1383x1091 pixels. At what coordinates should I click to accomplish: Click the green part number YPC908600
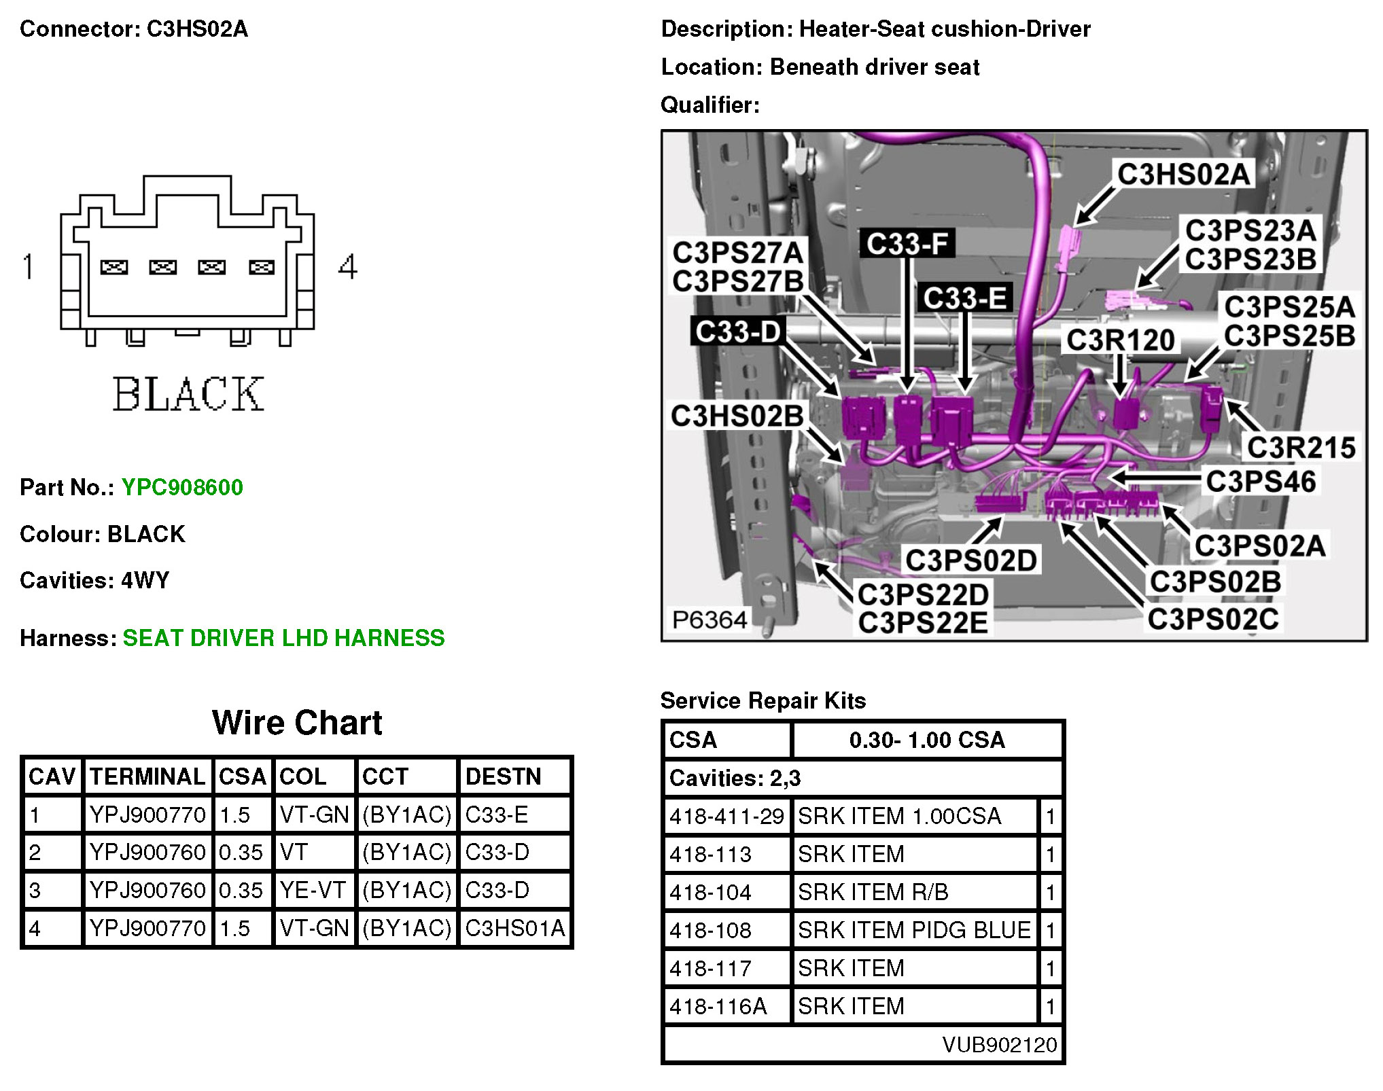[x=182, y=487]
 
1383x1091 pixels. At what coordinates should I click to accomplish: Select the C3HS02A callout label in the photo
[x=1183, y=175]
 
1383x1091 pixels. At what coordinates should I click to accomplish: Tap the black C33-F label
[x=907, y=244]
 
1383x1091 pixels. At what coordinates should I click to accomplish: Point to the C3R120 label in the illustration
[x=1120, y=340]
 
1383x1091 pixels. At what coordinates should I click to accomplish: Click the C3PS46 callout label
[x=1261, y=481]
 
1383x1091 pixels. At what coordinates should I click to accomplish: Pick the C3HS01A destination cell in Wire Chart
[x=514, y=928]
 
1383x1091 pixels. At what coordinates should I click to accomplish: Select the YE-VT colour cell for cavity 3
[x=313, y=890]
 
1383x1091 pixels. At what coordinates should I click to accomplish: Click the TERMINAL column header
[x=147, y=776]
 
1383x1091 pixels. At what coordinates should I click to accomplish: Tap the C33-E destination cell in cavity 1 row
[x=496, y=815]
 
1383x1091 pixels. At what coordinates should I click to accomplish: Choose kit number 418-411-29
[x=726, y=816]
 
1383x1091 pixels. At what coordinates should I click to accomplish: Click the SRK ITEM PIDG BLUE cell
[x=914, y=930]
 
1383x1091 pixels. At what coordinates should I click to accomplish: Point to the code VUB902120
[x=999, y=1044]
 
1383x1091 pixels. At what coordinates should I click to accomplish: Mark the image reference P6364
[x=709, y=620]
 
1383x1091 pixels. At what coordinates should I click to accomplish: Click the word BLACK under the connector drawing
[x=188, y=394]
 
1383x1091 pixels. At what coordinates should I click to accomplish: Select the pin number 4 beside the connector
[x=348, y=266]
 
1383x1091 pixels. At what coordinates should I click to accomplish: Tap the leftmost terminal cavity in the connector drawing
[x=114, y=267]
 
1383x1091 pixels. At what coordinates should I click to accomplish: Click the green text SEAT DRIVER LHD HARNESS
[x=283, y=638]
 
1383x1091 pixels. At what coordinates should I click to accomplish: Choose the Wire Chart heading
[x=297, y=722]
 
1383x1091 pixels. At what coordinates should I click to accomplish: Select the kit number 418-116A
[x=718, y=1006]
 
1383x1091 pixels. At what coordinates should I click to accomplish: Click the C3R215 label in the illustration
[x=1301, y=448]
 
